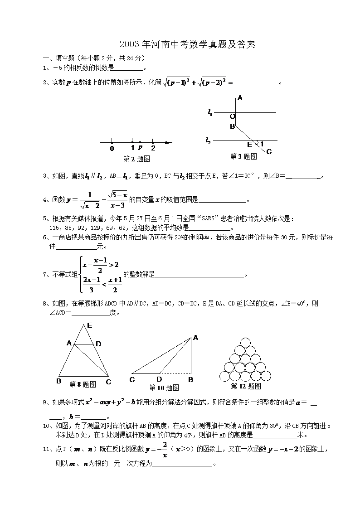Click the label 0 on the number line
click(112, 148)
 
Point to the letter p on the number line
click(140, 148)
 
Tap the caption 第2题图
click(136, 159)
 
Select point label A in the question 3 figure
click(240, 97)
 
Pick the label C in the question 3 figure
click(269, 151)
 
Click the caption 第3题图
click(243, 156)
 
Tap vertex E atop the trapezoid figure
click(89, 325)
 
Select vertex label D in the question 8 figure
click(98, 344)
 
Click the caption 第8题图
click(83, 384)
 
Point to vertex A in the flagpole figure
click(196, 337)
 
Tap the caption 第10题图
click(164, 388)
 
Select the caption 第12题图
click(246, 386)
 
